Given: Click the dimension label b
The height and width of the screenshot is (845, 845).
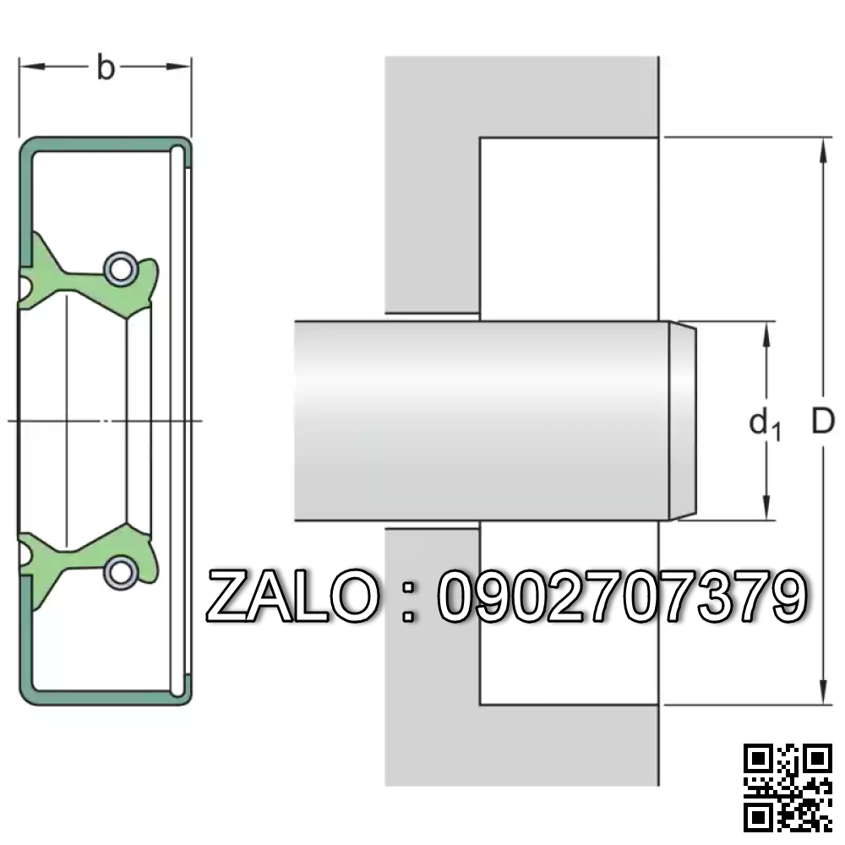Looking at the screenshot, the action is [x=106, y=68].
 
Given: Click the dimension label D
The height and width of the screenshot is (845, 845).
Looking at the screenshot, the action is [x=823, y=421].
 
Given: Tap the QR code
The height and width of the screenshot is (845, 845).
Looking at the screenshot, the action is [x=788, y=788].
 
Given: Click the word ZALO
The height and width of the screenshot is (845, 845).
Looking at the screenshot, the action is [x=292, y=596].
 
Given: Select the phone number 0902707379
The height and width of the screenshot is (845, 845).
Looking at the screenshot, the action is [x=623, y=596].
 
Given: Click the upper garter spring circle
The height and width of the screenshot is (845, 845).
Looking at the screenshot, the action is [x=120, y=268].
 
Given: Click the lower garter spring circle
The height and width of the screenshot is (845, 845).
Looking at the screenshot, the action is [x=120, y=573].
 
